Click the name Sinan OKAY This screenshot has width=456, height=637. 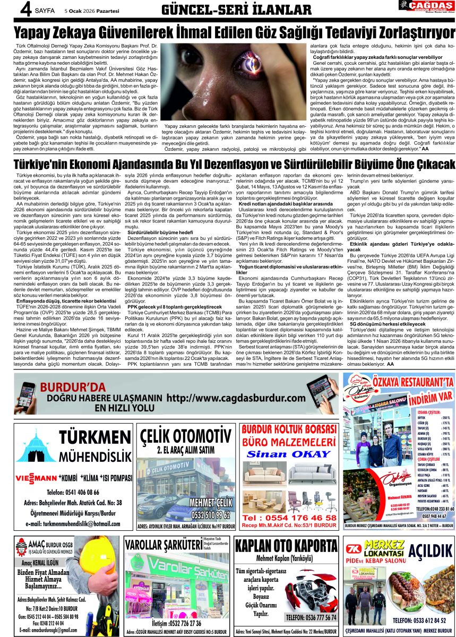288,454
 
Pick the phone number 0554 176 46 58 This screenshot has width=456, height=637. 289,518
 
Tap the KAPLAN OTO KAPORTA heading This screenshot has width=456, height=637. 286,546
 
